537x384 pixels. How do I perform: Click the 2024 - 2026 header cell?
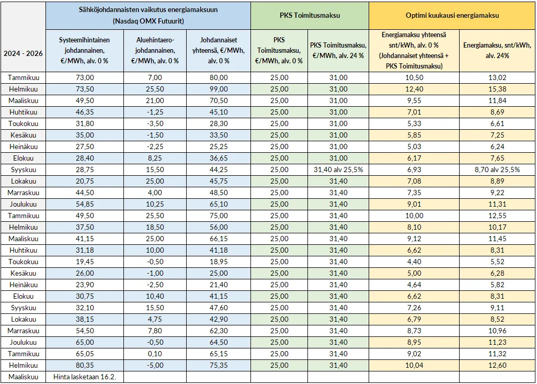point(23,53)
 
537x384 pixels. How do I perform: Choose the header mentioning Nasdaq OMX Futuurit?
point(148,16)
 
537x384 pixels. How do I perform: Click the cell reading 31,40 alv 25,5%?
point(338,170)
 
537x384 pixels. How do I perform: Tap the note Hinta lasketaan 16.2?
point(85,377)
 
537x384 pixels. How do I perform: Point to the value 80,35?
point(85,365)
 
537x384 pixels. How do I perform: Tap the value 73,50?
point(85,89)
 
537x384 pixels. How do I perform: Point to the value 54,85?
point(85,204)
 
